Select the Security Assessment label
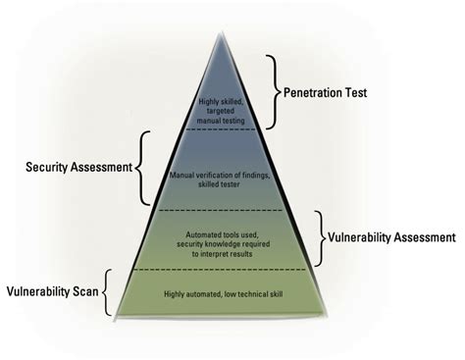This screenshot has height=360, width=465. click(x=78, y=167)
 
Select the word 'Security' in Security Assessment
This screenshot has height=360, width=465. click(x=51, y=167)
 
